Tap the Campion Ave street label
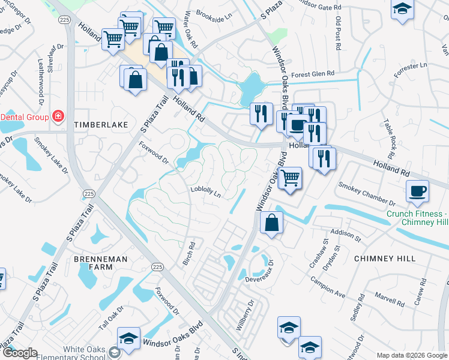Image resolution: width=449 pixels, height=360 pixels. tap(328, 287)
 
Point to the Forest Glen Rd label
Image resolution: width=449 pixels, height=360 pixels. tap(312, 74)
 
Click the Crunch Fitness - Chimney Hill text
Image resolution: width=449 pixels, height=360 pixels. tap(417, 218)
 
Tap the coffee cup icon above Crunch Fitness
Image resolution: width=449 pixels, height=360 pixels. tap(417, 191)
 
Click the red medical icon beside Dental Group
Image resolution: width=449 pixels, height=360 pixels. tap(58, 116)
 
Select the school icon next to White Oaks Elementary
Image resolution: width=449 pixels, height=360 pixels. tap(128, 339)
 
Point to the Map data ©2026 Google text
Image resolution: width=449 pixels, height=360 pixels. tap(411, 355)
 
